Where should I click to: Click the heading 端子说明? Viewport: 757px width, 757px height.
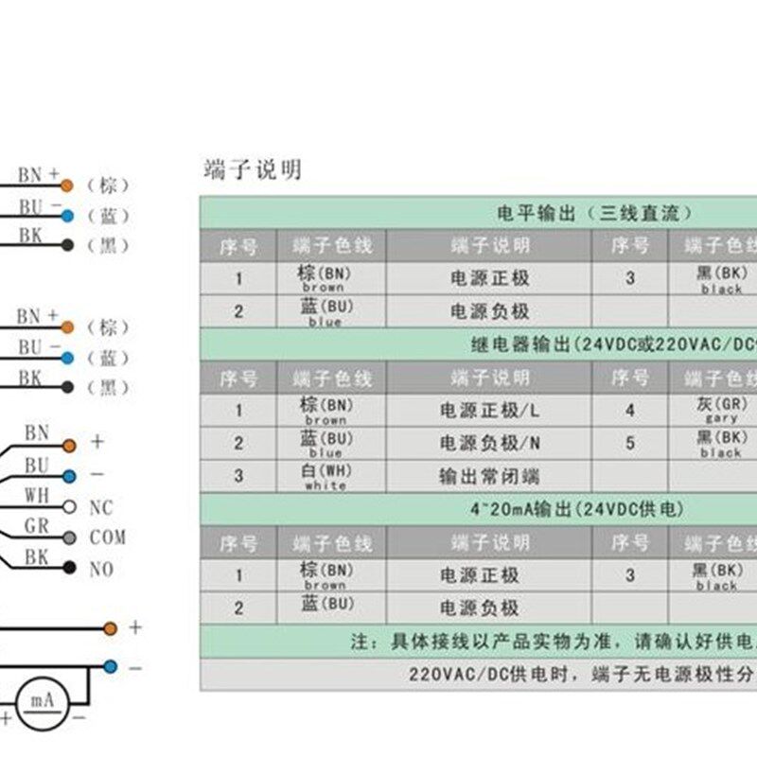(253, 169)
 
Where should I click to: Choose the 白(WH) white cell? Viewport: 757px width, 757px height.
(325, 476)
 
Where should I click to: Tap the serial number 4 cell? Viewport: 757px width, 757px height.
(630, 411)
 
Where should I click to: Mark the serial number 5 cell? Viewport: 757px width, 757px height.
(630, 443)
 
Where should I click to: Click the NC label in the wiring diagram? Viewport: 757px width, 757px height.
(101, 508)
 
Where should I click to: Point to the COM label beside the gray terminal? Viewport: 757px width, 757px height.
(108, 537)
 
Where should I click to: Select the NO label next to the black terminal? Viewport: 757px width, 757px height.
(101, 570)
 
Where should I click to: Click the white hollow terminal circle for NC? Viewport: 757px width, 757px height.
(68, 506)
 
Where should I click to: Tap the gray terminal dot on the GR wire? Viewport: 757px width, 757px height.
(68, 537)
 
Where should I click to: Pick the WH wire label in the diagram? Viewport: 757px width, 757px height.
(36, 496)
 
